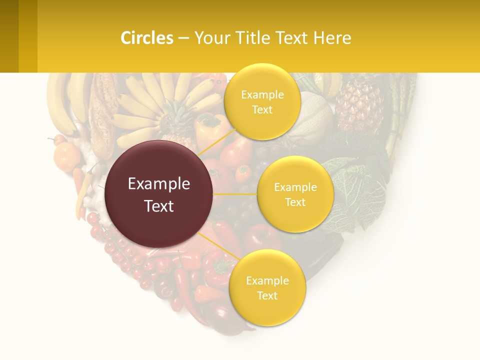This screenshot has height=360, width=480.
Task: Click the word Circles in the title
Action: (146, 38)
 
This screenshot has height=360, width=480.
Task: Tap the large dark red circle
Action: (159, 194)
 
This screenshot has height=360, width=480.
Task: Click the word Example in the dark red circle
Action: (159, 184)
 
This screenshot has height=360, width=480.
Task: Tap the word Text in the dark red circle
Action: (159, 206)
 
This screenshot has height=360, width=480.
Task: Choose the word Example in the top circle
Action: (262, 95)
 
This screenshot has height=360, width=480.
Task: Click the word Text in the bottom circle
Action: (267, 295)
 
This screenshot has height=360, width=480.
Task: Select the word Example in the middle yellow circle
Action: (295, 187)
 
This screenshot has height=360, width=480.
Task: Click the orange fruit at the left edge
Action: (67, 156)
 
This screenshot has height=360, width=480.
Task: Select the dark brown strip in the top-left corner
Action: (9, 36)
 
